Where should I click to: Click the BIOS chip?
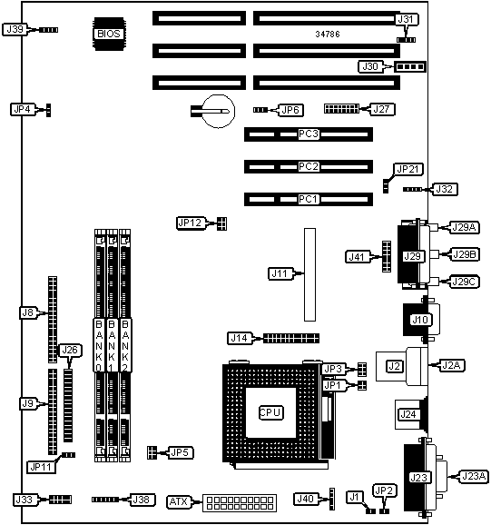pos(109,34)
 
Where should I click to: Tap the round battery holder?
pos(219,111)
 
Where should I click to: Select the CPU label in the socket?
pos(270,412)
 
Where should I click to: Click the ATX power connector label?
pos(179,502)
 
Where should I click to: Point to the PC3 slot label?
pos(308,134)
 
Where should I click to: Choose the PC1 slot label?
pos(308,199)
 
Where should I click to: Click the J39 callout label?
pos(15,29)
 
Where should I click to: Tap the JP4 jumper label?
pos(23,109)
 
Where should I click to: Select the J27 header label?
pos(381,109)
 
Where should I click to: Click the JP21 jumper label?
pos(408,170)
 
